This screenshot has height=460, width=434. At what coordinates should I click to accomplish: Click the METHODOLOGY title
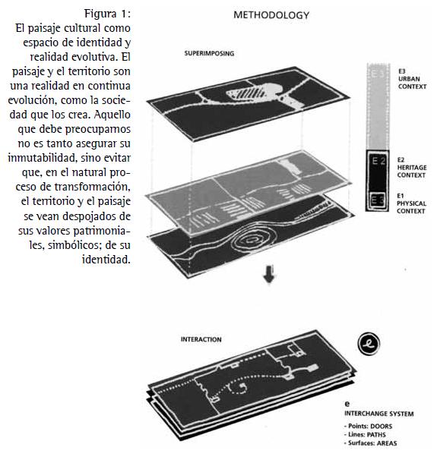click(x=271, y=15)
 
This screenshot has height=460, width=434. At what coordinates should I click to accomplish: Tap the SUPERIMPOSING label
click(x=209, y=53)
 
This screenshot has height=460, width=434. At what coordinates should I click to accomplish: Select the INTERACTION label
click(x=201, y=339)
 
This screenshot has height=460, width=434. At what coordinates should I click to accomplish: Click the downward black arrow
click(x=270, y=274)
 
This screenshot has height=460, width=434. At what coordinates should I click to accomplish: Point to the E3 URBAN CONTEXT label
click(x=412, y=79)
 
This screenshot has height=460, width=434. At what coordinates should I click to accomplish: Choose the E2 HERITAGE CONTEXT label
click(x=412, y=168)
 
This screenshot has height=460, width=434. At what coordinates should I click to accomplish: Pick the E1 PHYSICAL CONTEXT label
click(x=411, y=203)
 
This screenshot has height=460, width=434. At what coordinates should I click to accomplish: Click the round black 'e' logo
click(x=369, y=344)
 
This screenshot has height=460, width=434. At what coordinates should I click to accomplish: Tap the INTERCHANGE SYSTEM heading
click(x=379, y=414)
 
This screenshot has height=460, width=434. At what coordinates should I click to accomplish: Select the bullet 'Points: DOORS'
click(x=368, y=426)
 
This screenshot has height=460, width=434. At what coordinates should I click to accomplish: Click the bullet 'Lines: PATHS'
click(x=365, y=434)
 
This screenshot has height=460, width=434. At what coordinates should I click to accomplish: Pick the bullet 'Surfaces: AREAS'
click(x=370, y=443)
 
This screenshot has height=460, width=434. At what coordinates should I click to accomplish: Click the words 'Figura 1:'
click(x=107, y=14)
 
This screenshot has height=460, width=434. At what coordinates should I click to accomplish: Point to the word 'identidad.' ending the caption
click(x=106, y=260)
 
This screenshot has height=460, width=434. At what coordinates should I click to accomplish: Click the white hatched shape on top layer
click(x=247, y=93)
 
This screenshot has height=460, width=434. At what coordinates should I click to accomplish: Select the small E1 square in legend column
click(x=377, y=200)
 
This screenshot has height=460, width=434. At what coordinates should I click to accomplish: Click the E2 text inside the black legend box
click(x=379, y=161)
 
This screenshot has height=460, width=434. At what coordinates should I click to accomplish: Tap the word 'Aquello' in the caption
click(x=112, y=115)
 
